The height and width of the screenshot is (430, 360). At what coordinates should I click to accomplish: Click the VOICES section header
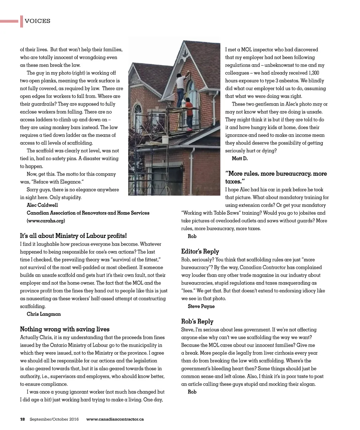37,21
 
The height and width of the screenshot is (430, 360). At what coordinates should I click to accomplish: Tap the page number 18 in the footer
22,419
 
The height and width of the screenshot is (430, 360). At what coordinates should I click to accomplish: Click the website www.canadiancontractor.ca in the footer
115,419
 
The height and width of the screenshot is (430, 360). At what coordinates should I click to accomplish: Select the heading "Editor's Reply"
200,252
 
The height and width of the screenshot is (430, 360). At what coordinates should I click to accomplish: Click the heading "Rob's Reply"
197,322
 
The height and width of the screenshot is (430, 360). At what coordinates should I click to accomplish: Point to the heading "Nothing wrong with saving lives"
65,329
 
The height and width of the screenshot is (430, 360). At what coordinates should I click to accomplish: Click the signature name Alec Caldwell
42,205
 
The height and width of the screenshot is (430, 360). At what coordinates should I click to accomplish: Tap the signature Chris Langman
44,314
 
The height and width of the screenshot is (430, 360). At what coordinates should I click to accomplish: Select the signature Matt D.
240,159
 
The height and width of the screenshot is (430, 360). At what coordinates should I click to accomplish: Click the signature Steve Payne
201,306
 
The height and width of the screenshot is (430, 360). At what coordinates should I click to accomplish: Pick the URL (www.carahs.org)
46,221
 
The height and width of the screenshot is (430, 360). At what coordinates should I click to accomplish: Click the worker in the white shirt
181,88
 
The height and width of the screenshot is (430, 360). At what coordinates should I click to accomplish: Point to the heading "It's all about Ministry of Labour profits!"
73,236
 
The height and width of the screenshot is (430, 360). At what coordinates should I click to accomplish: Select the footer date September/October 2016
54,419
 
